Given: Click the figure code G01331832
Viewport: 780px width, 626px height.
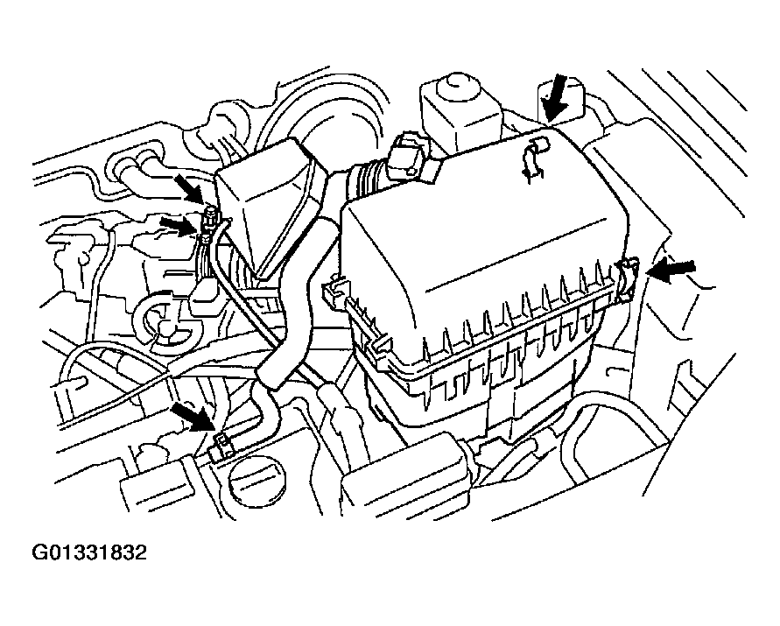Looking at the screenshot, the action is (x=89, y=552).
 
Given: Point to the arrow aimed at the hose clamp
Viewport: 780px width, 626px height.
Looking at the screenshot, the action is (x=194, y=416).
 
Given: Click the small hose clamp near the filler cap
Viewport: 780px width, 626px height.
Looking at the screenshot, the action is (x=221, y=446).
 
